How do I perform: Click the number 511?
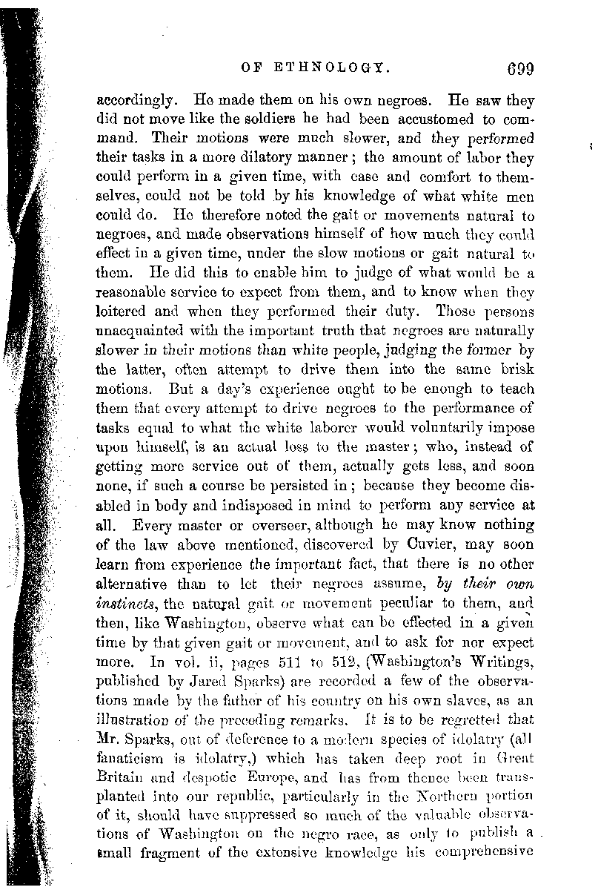click(x=279, y=659)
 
